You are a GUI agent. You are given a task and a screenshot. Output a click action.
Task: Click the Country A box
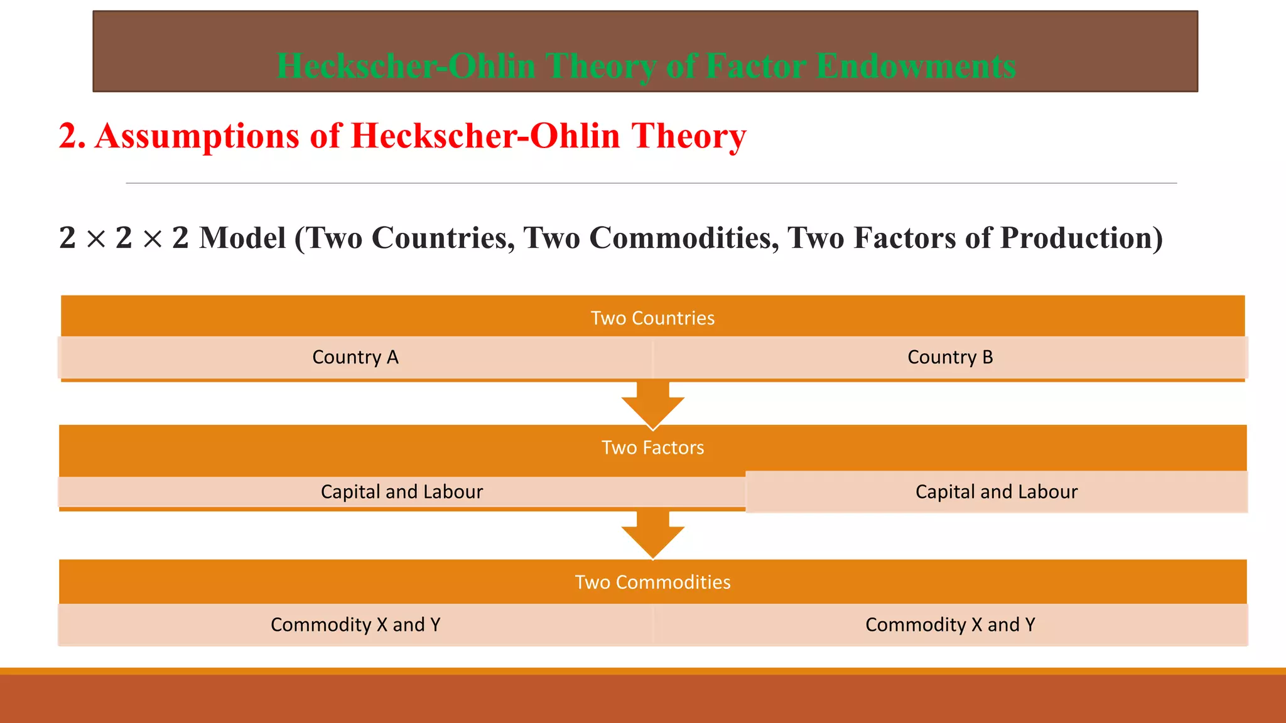click(355, 357)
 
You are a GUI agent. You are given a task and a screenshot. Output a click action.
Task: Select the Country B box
click(950, 357)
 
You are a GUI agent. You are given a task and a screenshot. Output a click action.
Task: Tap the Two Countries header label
click(652, 318)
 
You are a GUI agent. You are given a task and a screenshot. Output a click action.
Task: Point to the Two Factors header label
click(652, 447)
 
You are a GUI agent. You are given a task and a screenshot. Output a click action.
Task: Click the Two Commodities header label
click(652, 582)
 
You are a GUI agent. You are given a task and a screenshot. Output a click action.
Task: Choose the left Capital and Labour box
click(402, 491)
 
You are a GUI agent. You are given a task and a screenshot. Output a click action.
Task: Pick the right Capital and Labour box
click(996, 491)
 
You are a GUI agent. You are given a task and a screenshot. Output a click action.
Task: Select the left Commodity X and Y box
click(355, 624)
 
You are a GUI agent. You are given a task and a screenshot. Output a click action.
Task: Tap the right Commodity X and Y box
click(950, 624)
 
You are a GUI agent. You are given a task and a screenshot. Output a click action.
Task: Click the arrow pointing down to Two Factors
click(653, 405)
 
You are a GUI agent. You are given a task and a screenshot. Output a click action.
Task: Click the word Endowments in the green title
click(916, 66)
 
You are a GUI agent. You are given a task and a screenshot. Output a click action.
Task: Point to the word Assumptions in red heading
click(197, 136)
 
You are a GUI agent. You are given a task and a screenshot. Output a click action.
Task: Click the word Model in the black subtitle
click(242, 238)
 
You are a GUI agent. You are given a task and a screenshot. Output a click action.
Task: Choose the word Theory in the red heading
click(689, 136)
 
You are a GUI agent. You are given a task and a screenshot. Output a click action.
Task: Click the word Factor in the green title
click(756, 66)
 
